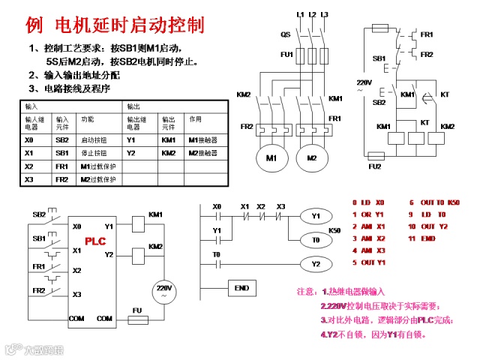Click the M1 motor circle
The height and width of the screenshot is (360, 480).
pos(271,158)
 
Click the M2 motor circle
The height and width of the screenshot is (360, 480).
pos(311,158)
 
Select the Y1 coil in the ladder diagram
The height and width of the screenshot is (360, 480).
pos(316,216)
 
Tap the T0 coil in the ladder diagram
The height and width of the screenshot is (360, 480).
pos(316,240)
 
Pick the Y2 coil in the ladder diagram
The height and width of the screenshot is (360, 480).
pos(316,264)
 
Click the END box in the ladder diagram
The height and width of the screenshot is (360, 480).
pos(241,288)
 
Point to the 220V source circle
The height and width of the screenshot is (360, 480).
pos(163,291)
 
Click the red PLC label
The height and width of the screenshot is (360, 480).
pos(95,241)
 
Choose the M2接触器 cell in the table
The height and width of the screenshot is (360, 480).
pos(202,153)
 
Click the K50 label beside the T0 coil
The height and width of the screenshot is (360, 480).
pos(334,229)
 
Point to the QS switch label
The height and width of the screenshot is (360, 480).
pos(286,34)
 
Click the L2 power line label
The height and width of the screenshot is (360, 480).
pos(312,14)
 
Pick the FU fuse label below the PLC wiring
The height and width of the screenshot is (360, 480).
pos(137,309)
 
